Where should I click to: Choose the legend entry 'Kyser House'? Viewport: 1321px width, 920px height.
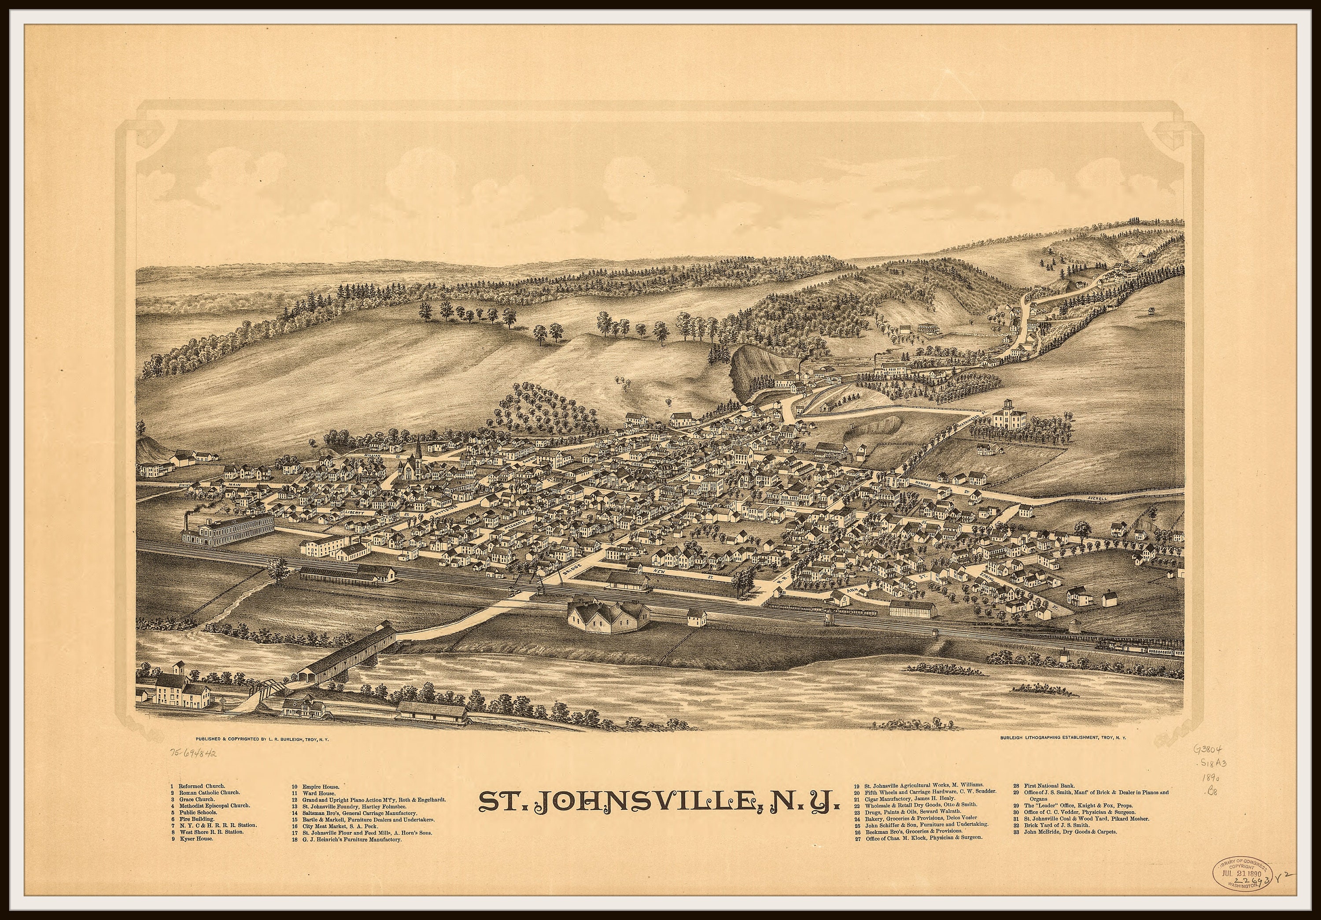click(196, 839)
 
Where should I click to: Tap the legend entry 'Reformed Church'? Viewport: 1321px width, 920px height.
click(201, 786)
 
